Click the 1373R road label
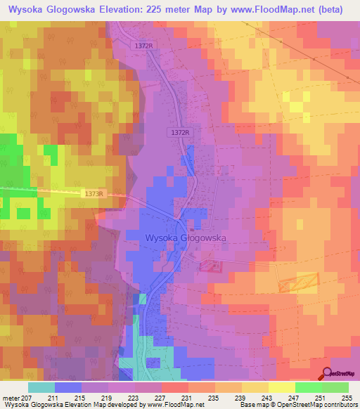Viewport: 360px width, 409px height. (x=94, y=194)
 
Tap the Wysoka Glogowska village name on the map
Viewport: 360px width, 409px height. (x=185, y=238)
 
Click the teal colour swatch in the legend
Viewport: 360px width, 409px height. (x=41, y=388)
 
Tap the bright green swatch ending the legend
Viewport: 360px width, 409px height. (x=335, y=388)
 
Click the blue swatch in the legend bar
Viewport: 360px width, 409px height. (x=68, y=388)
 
